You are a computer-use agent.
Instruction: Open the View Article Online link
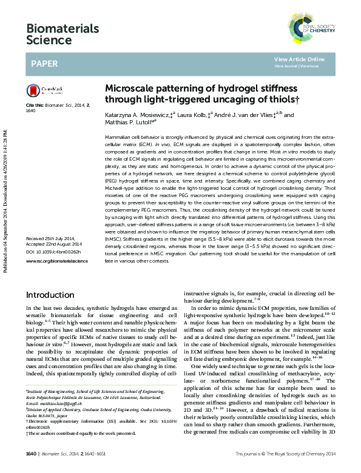299,59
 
